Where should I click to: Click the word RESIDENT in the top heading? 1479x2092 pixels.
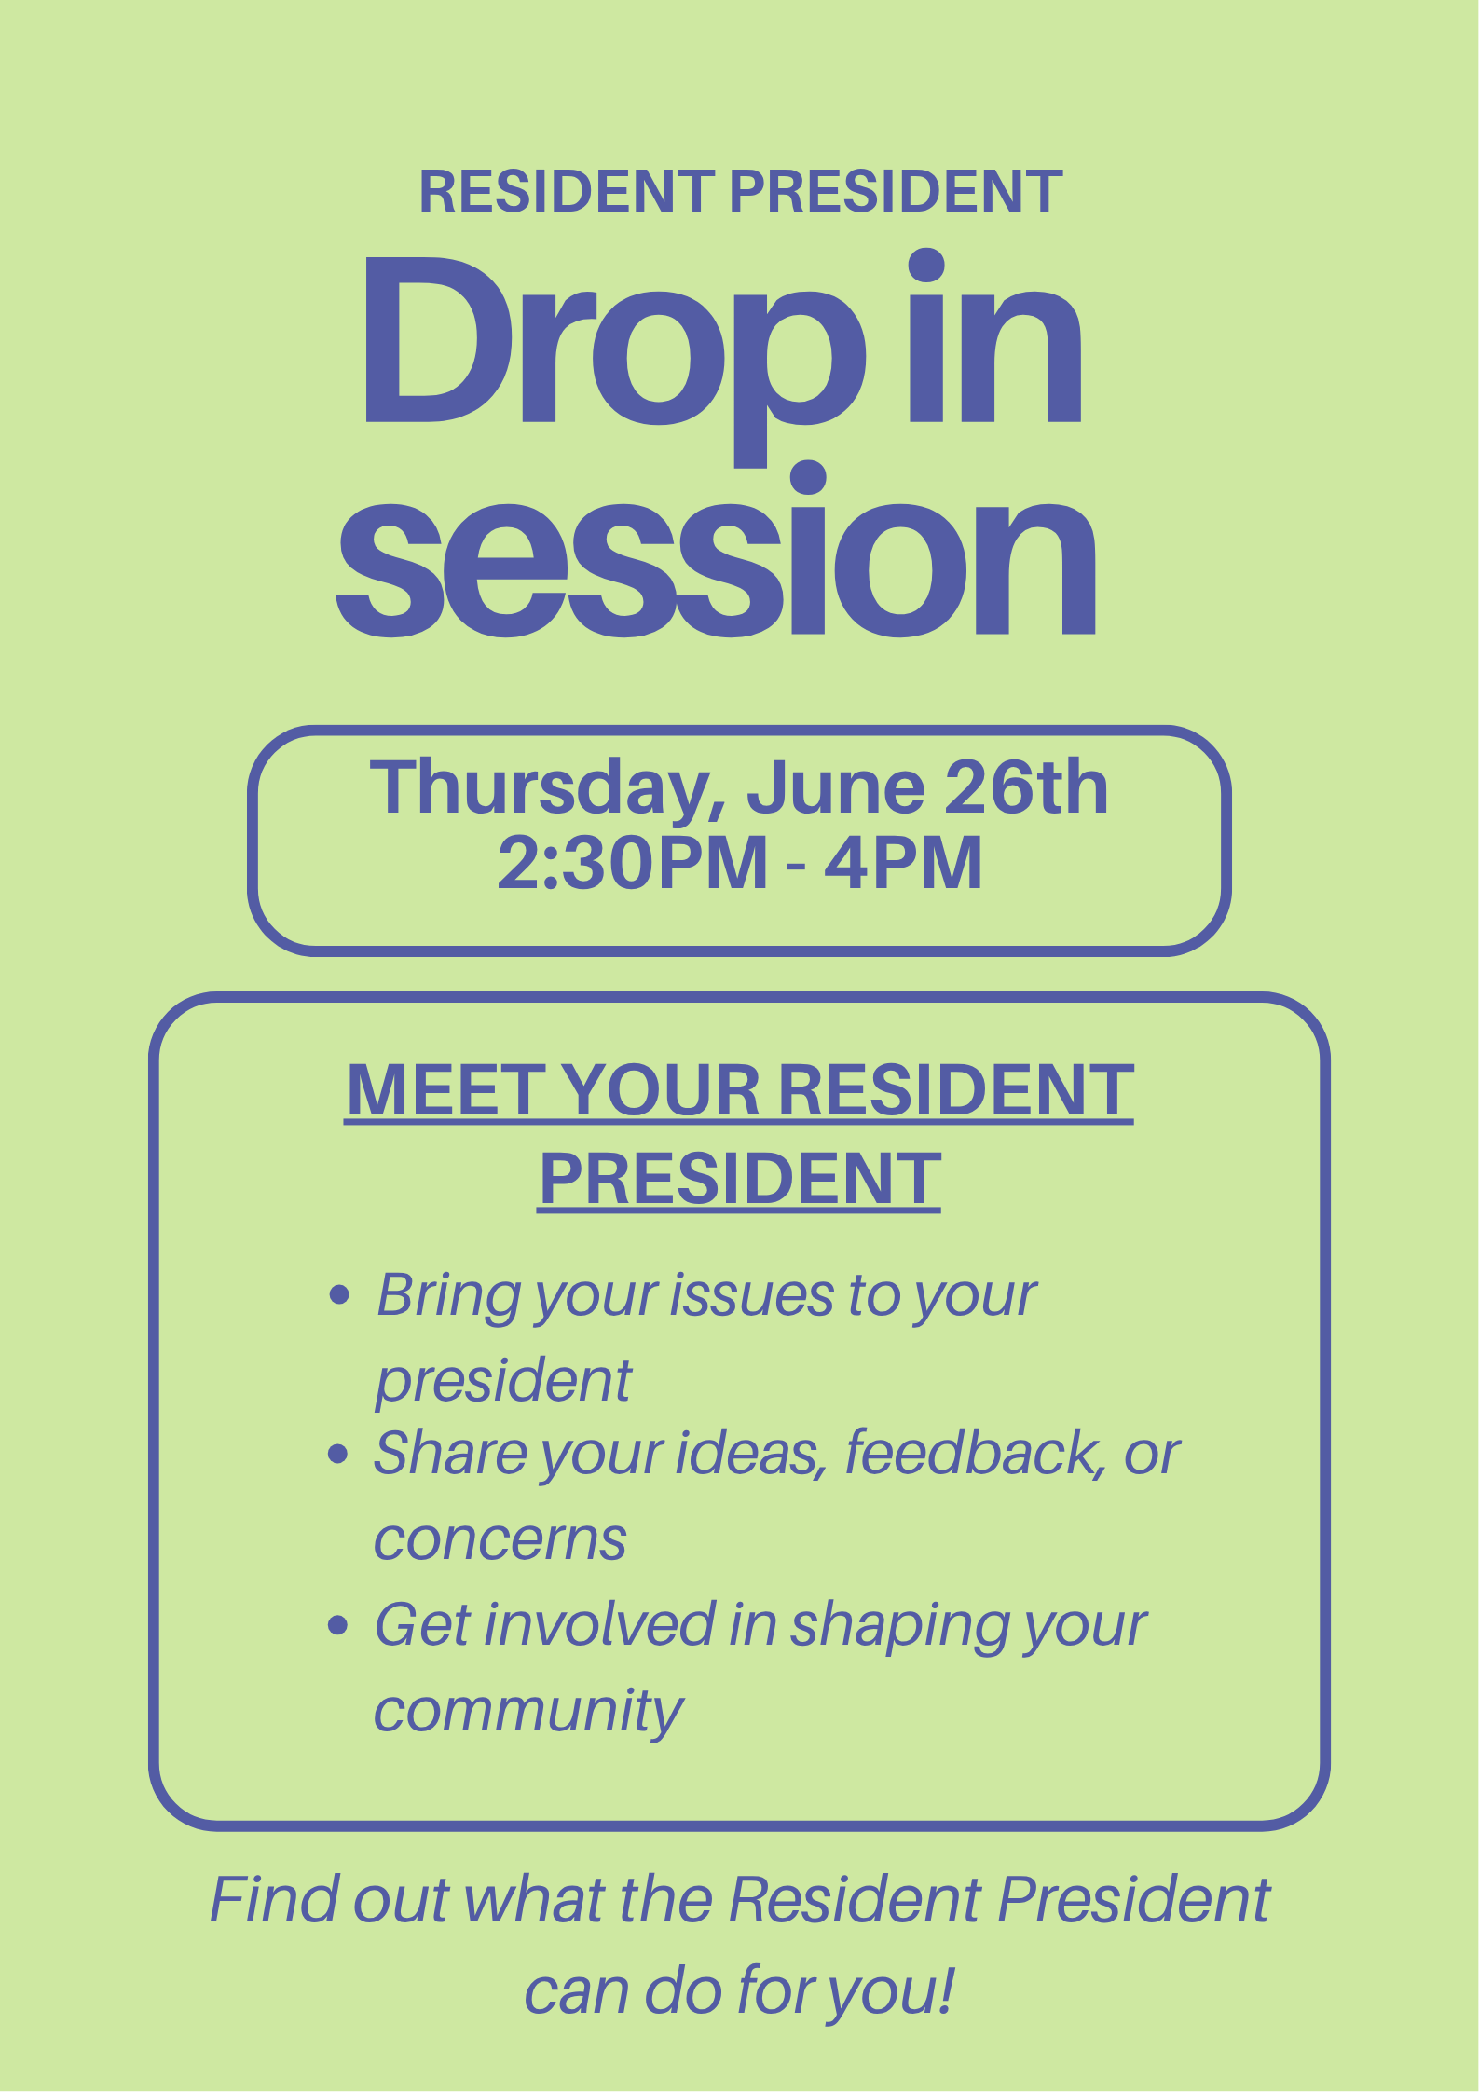567,191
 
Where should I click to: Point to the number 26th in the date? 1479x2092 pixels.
1026,788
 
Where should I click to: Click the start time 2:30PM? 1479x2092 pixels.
633,863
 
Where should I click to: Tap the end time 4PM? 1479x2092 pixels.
903,863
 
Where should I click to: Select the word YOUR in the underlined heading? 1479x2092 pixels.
662,1089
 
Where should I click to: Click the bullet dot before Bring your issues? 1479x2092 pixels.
340,1295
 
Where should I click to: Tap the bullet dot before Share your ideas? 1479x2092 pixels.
338,1454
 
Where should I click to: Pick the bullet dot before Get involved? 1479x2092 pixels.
338,1626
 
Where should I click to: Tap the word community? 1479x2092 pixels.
528,1713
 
